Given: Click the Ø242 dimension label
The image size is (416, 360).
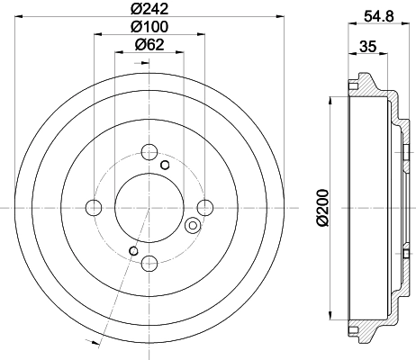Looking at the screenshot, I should pos(149,9).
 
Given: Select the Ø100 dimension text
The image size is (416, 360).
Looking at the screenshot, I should pos(149,27).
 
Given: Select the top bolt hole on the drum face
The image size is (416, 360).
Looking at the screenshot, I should pos(149,151).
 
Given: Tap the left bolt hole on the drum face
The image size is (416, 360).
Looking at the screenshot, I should pos(93,208).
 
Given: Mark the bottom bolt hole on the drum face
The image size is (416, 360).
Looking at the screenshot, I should pos(149,263).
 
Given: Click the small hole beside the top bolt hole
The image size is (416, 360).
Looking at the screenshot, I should pos(164,165).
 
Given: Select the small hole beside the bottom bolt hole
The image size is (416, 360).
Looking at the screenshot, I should pos(134,249).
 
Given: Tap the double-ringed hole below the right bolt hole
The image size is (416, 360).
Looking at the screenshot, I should pos(192,225).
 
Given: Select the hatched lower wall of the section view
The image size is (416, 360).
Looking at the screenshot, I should pos(369,328).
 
